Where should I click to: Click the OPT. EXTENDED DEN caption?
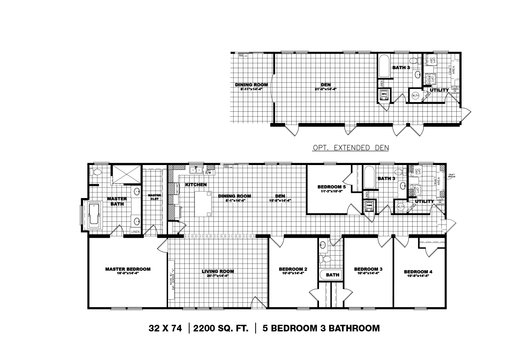tap(350, 148)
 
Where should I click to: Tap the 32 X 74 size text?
tap(165, 328)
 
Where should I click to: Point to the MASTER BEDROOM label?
tap(128, 269)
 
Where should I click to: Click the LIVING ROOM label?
tap(218, 271)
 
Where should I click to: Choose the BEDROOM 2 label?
tap(293, 269)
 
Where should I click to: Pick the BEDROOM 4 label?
tap(418, 272)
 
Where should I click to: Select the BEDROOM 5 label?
tap(332, 187)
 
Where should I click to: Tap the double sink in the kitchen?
tap(195, 169)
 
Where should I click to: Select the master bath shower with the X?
tap(125, 174)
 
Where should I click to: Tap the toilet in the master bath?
tap(97, 172)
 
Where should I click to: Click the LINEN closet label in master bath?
tap(135, 231)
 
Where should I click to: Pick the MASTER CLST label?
tap(154, 197)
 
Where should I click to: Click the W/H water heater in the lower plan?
tap(400, 206)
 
